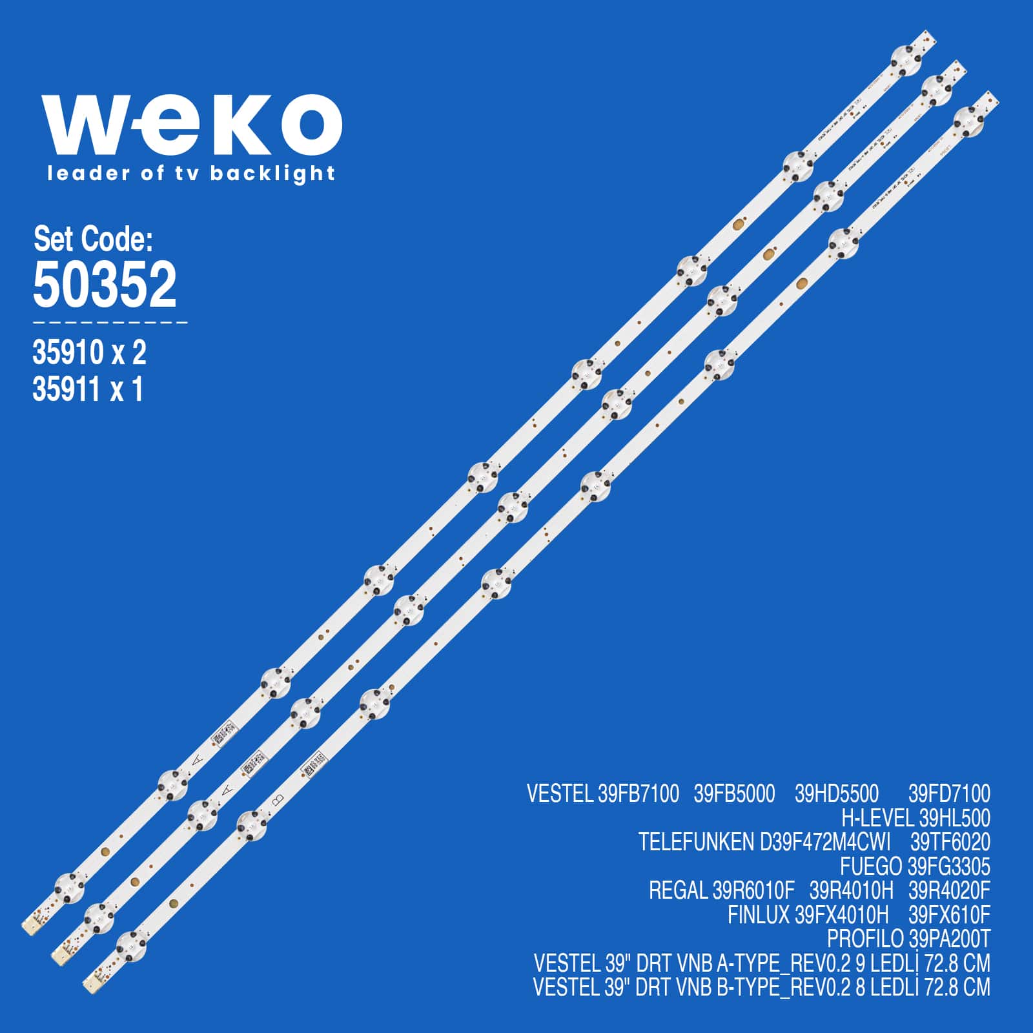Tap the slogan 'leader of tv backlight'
(x=191, y=174)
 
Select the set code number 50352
(x=105, y=285)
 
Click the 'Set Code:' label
(x=93, y=240)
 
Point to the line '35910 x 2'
(x=89, y=353)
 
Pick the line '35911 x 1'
(x=88, y=389)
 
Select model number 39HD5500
(x=836, y=793)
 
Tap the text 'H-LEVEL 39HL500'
(x=915, y=818)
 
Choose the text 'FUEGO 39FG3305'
(x=914, y=866)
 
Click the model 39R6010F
(x=753, y=891)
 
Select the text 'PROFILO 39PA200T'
(x=908, y=939)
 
